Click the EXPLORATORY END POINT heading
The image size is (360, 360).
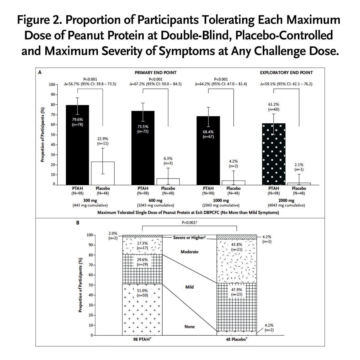click(x=286, y=73)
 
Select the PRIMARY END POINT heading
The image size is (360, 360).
click(x=155, y=73)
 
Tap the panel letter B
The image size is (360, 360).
click(x=78, y=223)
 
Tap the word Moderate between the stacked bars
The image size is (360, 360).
click(x=189, y=252)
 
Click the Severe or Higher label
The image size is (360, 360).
click(x=189, y=237)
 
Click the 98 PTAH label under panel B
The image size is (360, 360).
click(x=142, y=340)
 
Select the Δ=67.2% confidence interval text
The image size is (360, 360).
click(x=155, y=84)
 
